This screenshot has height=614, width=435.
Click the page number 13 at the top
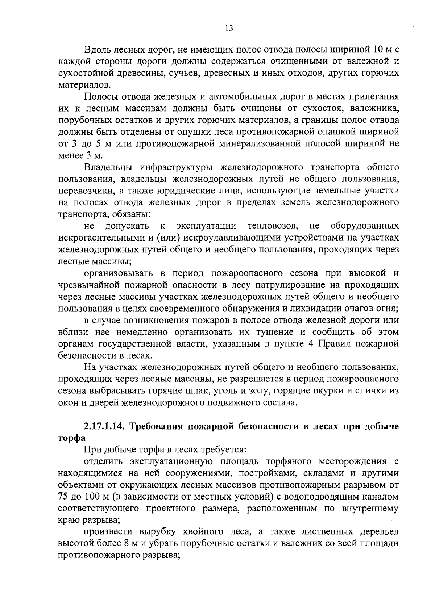[229, 29]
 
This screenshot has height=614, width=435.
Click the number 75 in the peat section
[64, 497]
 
